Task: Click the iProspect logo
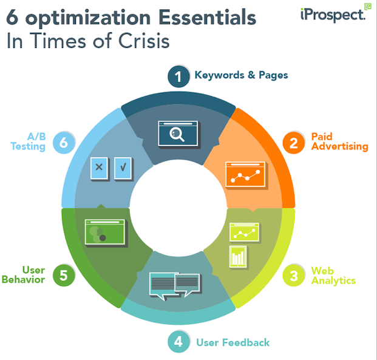[336, 13]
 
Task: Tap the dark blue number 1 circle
[178, 76]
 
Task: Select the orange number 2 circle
[293, 143]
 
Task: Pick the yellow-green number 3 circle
[293, 276]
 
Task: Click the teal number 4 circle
[178, 342]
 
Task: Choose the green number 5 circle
[64, 276]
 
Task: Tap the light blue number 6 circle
[64, 143]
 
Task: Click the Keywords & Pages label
[241, 75]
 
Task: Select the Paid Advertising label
[339, 141]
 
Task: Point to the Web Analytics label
[333, 276]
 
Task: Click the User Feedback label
[233, 342]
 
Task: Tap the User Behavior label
[23, 274]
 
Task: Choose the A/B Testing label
[28, 141]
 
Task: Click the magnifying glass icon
[177, 134]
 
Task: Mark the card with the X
[99, 168]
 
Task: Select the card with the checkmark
[123, 168]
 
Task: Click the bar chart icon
[238, 256]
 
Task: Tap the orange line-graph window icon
[245, 175]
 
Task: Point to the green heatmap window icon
[105, 232]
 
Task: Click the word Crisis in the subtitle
[144, 41]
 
